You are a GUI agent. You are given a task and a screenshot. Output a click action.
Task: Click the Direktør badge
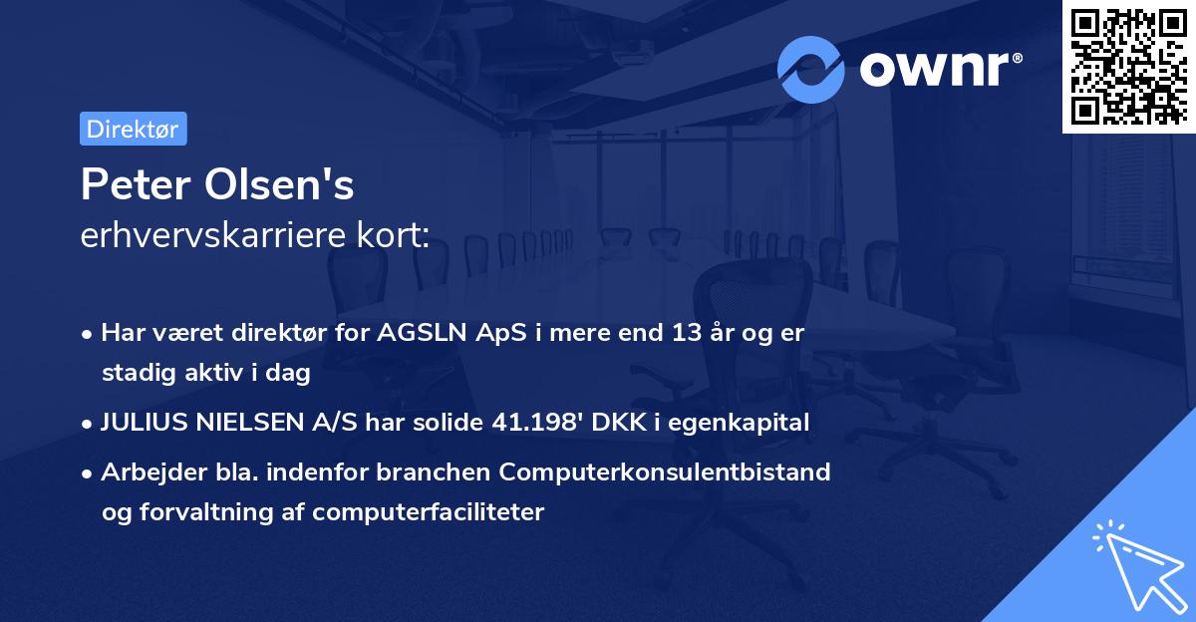click(x=133, y=129)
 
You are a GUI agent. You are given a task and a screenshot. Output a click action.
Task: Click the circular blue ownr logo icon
click(x=811, y=69)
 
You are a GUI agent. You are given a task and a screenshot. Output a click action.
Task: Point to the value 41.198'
click(x=538, y=423)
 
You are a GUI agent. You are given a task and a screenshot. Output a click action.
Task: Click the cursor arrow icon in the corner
click(x=1138, y=568)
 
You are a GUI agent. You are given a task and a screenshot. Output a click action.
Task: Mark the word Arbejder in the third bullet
click(x=146, y=471)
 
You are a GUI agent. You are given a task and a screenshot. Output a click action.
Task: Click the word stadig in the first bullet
click(x=135, y=374)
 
